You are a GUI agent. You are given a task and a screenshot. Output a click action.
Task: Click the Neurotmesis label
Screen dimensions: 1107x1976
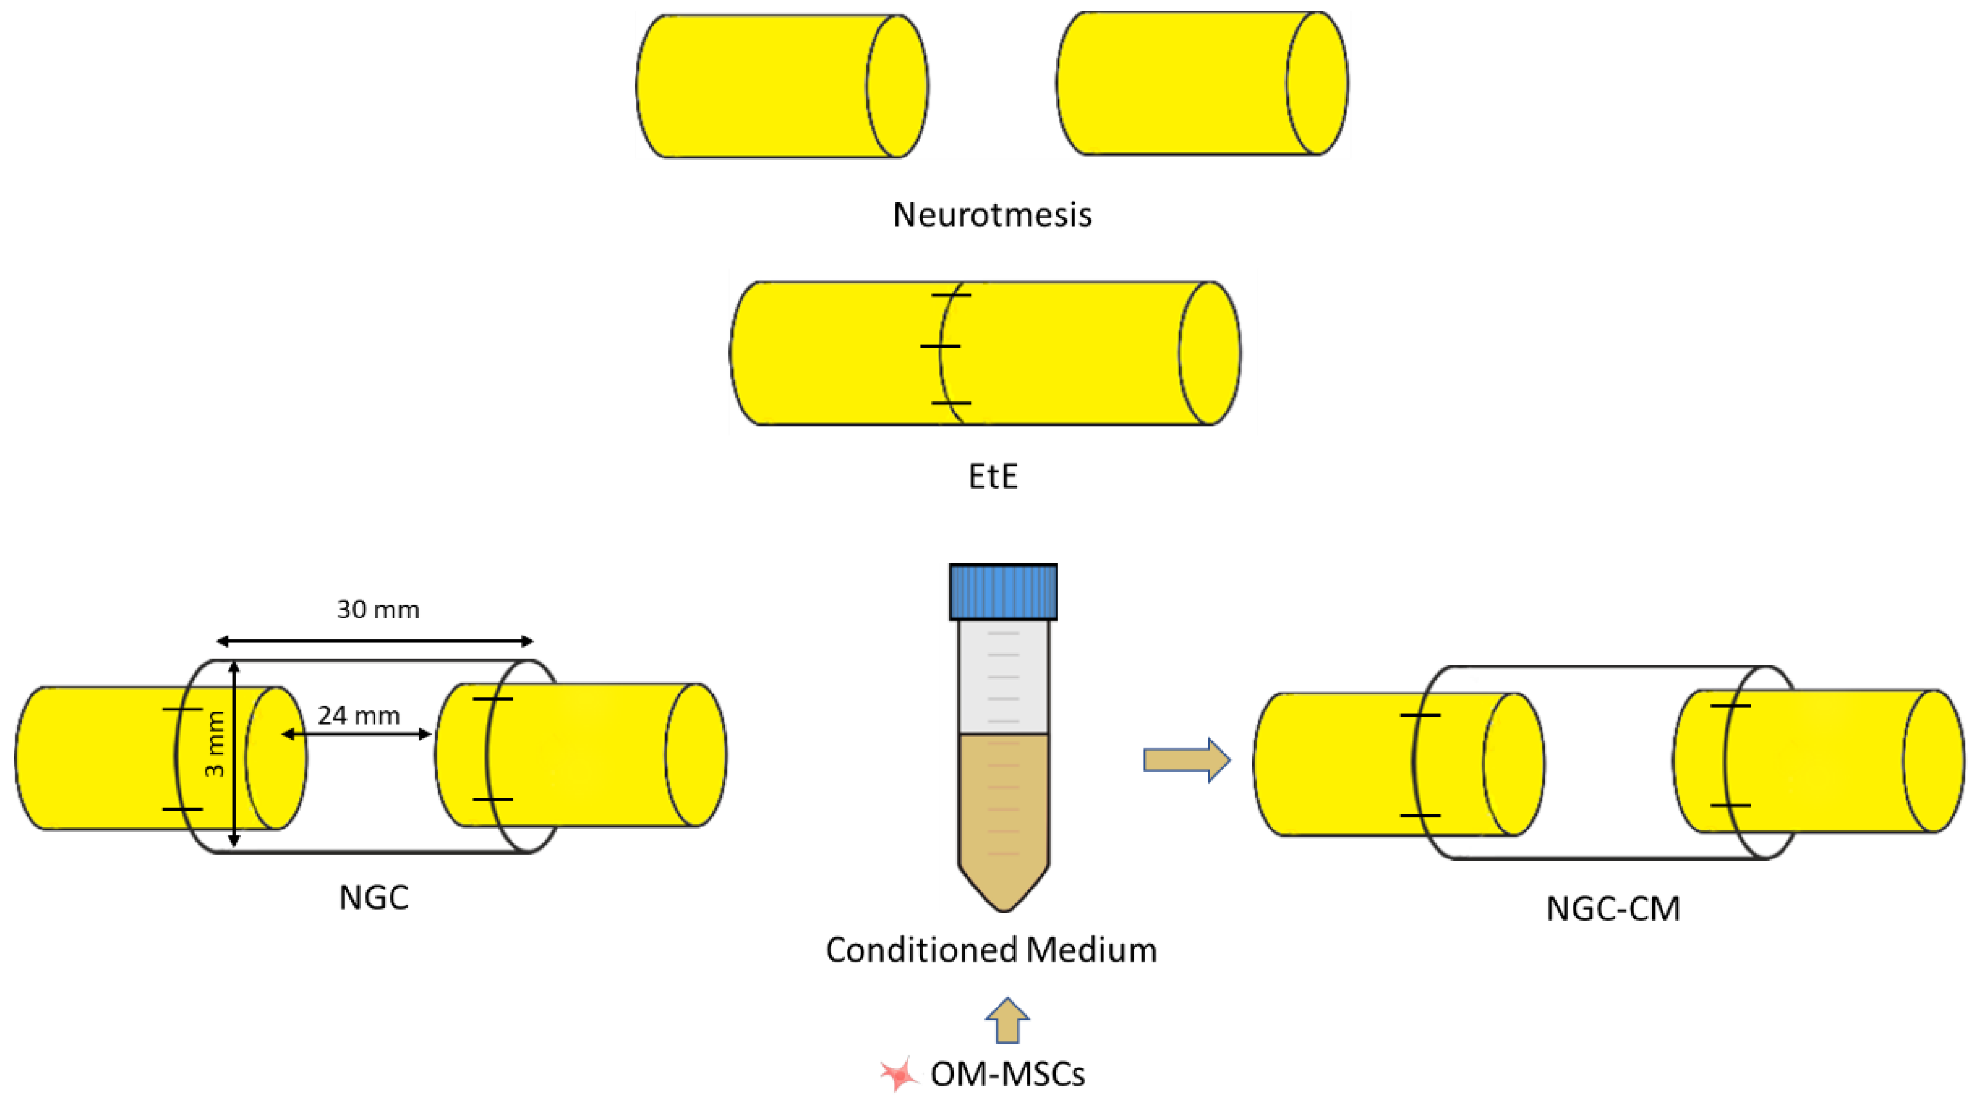coord(992,215)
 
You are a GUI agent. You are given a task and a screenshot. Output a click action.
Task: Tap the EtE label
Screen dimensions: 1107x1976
coord(993,477)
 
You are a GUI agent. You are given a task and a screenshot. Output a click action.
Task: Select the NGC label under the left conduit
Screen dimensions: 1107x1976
coord(374,897)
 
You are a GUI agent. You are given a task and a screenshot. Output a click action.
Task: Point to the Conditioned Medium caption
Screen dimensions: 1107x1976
coord(991,950)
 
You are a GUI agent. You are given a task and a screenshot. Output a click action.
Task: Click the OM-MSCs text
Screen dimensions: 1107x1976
coord(1007,1075)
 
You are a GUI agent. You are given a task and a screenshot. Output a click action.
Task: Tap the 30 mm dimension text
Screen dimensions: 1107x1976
coord(378,610)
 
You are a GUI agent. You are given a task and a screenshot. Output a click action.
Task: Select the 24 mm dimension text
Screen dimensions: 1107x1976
coord(359,716)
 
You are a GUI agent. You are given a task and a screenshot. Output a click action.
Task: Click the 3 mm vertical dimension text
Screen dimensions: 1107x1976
coord(216,744)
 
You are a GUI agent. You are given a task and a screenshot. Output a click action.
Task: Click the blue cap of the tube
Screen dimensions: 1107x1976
coord(1003,592)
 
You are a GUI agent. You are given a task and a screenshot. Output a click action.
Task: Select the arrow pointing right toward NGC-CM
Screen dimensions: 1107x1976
coord(1186,760)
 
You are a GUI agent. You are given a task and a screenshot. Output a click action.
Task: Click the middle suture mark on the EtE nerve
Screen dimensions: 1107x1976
coord(940,347)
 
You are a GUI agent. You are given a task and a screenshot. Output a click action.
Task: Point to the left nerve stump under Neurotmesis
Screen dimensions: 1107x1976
coord(781,87)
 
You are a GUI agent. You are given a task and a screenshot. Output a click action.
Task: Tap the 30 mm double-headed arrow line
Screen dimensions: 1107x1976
coord(374,641)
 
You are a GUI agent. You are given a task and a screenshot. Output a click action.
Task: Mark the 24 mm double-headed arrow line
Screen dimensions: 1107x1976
coord(356,734)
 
